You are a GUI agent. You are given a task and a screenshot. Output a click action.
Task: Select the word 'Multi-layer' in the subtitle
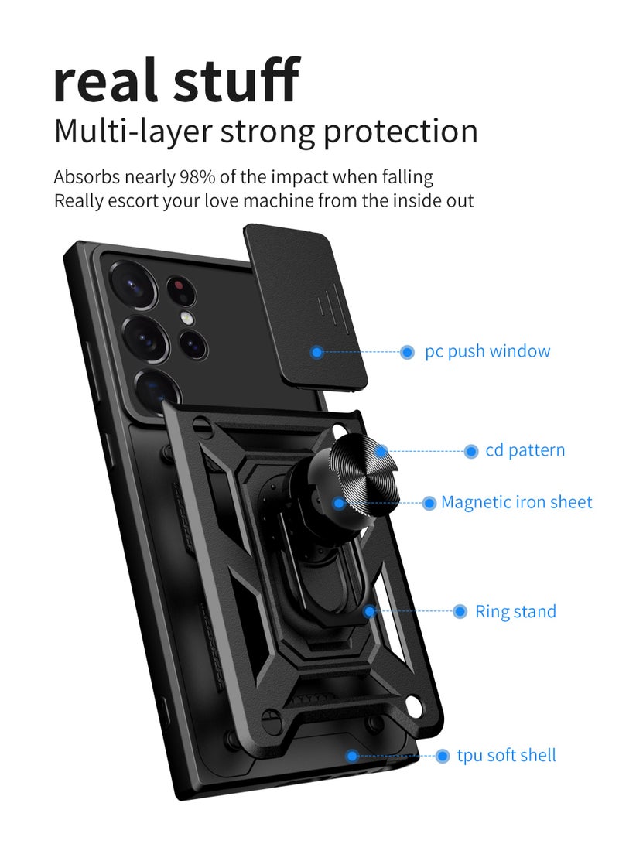132,131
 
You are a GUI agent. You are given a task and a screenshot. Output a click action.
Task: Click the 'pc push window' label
487,351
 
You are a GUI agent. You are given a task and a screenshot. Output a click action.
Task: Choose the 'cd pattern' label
525,450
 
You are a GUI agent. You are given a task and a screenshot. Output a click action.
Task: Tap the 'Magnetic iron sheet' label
516,503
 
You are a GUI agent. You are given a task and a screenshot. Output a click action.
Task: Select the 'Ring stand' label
515,612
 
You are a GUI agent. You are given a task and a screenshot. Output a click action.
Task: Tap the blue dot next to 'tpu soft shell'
443,756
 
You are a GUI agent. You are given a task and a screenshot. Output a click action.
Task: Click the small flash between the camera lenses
186,318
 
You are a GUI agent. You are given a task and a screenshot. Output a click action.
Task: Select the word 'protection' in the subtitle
401,131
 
